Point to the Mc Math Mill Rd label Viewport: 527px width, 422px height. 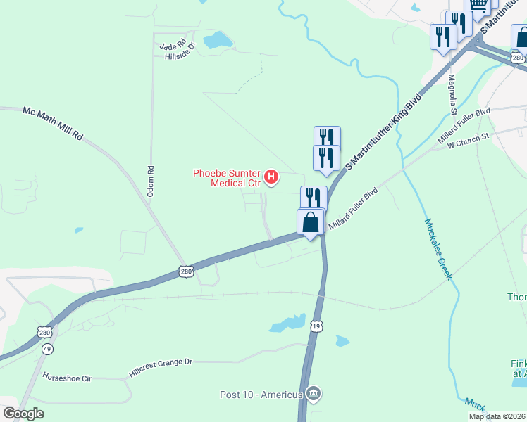(53, 122)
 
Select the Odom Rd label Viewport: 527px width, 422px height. (150, 180)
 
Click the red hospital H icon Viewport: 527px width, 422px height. (271, 176)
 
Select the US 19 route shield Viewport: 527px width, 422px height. (316, 324)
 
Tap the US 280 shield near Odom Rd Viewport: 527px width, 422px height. (185, 270)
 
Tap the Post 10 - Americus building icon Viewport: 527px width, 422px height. (314, 392)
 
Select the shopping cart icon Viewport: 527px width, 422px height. (479, 6)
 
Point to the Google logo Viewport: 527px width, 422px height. (23, 414)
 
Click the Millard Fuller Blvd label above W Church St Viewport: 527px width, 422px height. (464, 121)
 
